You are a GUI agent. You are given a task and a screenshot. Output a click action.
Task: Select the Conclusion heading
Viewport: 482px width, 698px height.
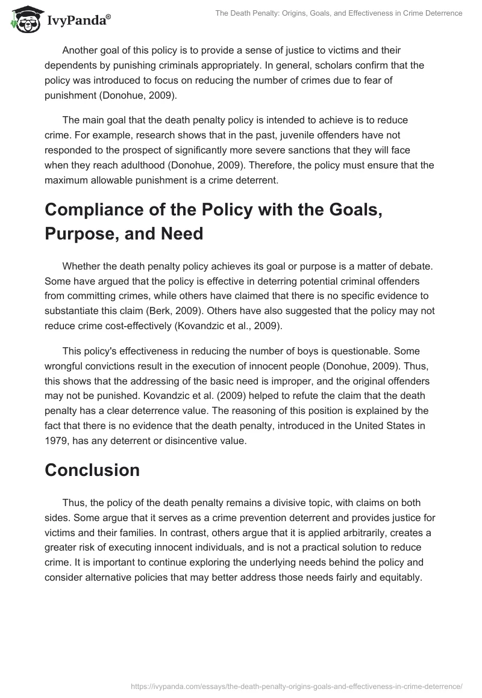[x=92, y=470]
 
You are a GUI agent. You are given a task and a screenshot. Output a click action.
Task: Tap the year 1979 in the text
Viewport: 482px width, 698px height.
[x=57, y=440]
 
